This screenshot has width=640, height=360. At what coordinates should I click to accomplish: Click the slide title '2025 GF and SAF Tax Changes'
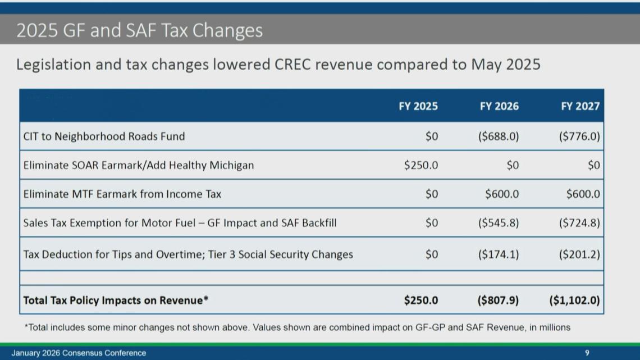(x=139, y=30)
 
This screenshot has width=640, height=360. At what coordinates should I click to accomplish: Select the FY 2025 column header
(x=418, y=106)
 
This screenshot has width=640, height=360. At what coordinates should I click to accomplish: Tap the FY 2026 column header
(x=499, y=106)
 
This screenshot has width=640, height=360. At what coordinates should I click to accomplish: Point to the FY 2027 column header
(x=580, y=106)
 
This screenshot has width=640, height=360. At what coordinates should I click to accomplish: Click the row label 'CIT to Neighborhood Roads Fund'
(x=104, y=136)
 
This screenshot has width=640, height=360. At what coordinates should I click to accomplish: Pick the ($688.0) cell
(x=499, y=136)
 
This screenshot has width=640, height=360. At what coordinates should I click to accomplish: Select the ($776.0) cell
(x=579, y=136)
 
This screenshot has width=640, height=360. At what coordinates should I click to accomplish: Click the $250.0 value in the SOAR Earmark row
(x=421, y=165)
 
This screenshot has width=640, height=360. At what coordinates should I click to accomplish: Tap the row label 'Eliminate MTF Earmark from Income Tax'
(x=122, y=194)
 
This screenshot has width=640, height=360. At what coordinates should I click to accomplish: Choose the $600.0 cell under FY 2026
(x=502, y=194)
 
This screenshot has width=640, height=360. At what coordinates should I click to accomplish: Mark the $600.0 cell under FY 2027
(x=583, y=194)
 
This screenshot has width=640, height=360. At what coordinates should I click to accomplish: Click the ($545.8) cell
(x=499, y=223)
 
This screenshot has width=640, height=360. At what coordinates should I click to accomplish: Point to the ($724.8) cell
(x=579, y=223)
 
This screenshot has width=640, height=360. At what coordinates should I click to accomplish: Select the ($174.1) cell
(x=499, y=254)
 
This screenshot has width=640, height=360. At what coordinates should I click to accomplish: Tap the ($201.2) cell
(x=579, y=254)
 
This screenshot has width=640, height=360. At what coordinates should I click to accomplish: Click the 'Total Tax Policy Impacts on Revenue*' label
(x=116, y=300)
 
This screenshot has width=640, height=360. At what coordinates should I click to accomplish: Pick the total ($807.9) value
(x=498, y=300)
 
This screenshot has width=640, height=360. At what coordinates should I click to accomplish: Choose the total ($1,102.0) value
(x=574, y=300)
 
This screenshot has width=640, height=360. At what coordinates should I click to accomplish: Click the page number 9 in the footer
(x=587, y=353)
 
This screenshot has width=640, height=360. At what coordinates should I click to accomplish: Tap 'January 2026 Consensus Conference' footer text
(x=79, y=353)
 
